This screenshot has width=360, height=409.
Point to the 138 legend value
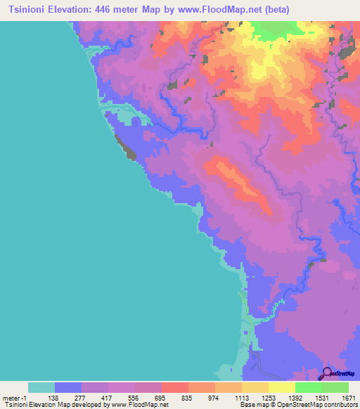(53, 398)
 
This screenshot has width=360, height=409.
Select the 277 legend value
(81, 398)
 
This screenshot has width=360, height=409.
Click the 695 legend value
(161, 398)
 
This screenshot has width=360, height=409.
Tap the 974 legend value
(214, 398)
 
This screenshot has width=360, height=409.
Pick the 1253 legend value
(268, 398)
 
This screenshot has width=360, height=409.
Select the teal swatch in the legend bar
(41, 387)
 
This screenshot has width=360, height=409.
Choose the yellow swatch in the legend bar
(281, 387)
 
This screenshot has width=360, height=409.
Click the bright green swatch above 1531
(307, 387)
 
